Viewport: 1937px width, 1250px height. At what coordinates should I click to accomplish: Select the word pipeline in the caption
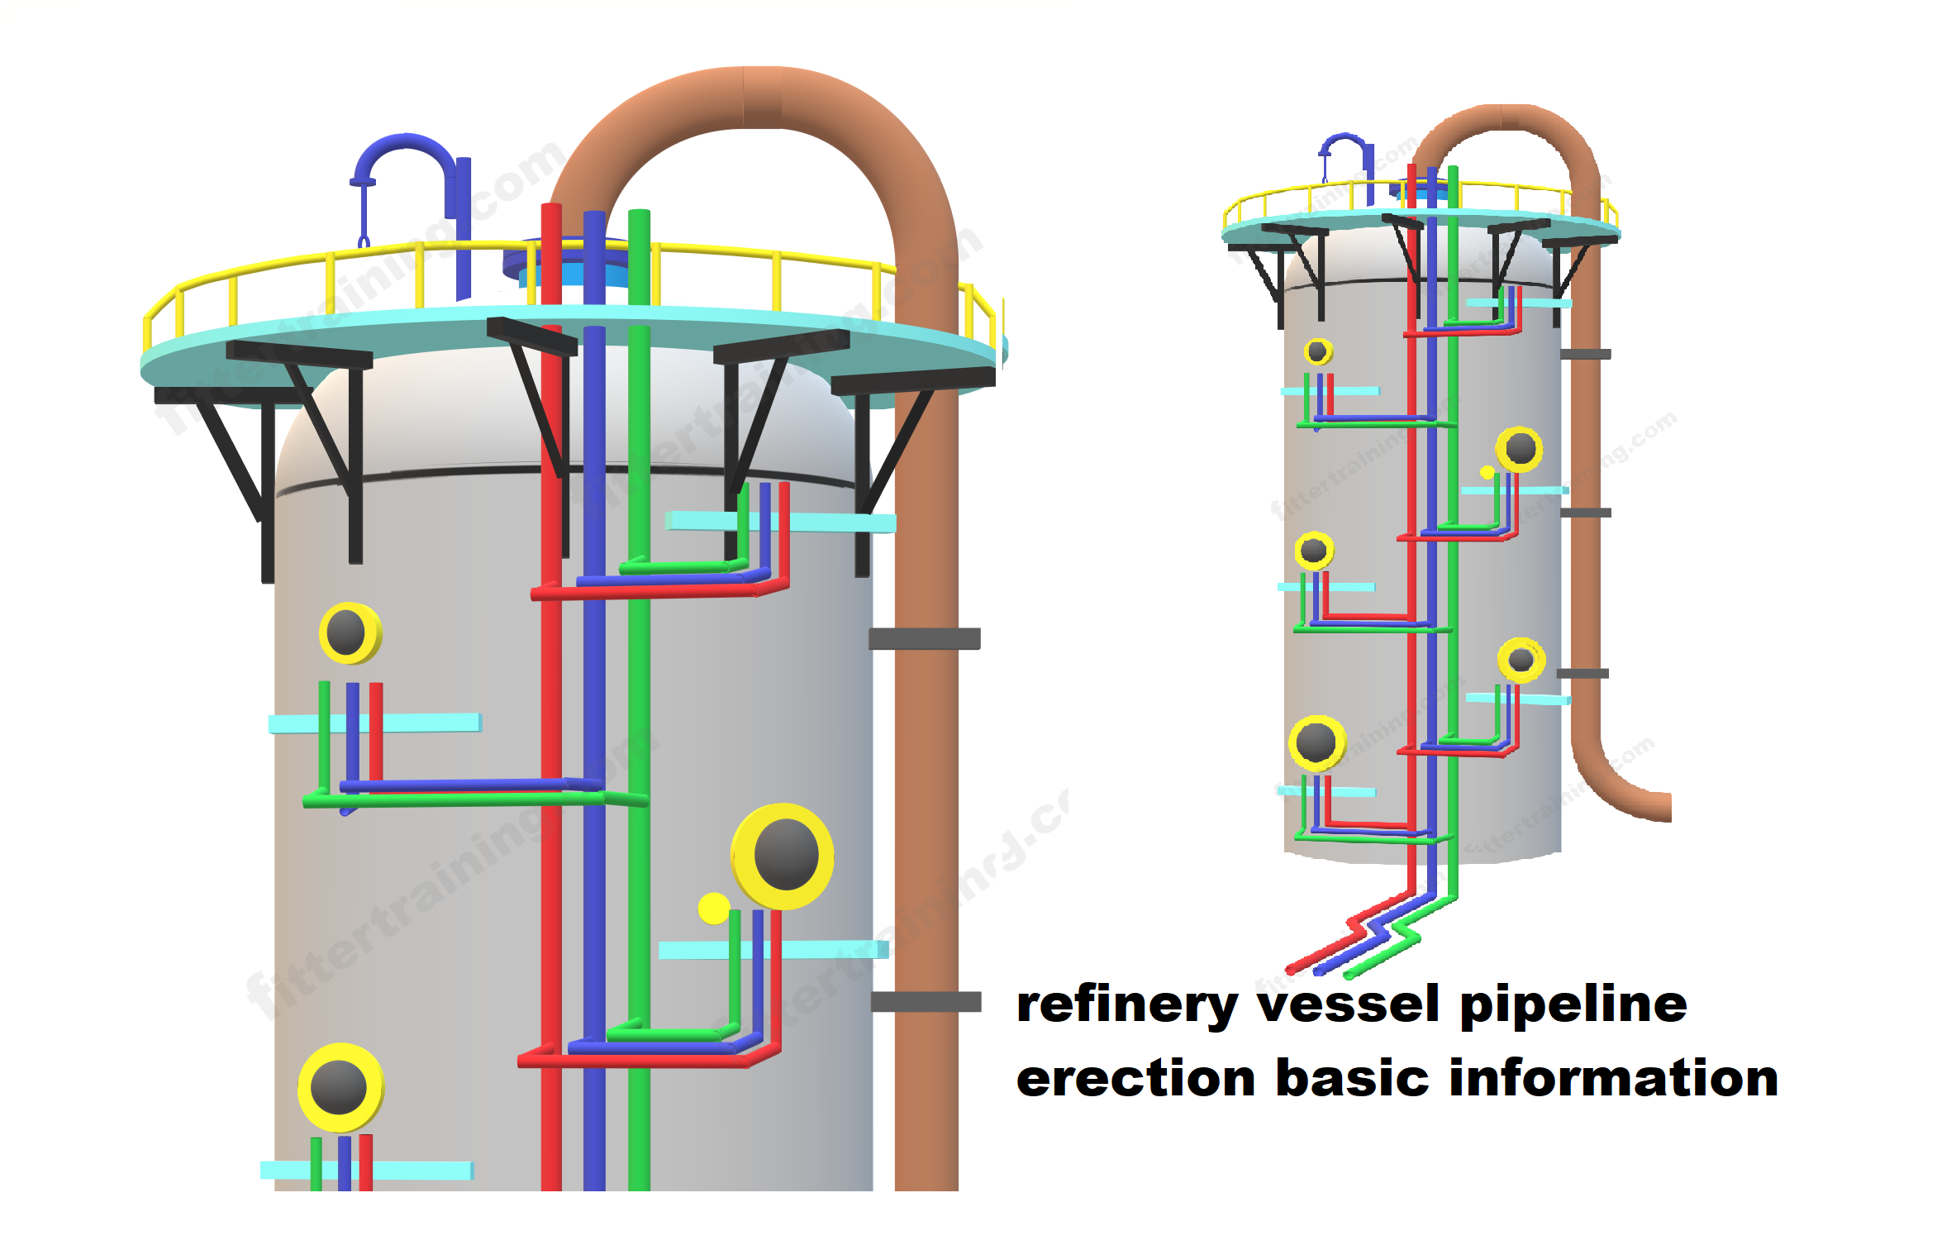(x=1573, y=1007)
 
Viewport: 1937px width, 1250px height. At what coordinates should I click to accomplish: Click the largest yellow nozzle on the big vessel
(x=783, y=856)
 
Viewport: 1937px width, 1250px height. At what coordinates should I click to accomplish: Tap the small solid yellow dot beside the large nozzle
(x=713, y=908)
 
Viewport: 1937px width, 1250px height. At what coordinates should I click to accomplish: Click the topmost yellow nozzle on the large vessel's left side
(x=350, y=633)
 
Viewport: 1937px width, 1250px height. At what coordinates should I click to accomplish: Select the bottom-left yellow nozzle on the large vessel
(x=340, y=1087)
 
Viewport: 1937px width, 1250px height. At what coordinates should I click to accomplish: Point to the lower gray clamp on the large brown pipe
(x=926, y=1002)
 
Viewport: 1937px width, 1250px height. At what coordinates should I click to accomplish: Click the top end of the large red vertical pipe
(x=551, y=208)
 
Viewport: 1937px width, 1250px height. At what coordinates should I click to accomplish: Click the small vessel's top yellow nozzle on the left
(x=1318, y=351)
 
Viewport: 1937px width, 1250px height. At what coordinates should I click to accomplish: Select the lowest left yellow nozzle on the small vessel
(x=1316, y=742)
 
